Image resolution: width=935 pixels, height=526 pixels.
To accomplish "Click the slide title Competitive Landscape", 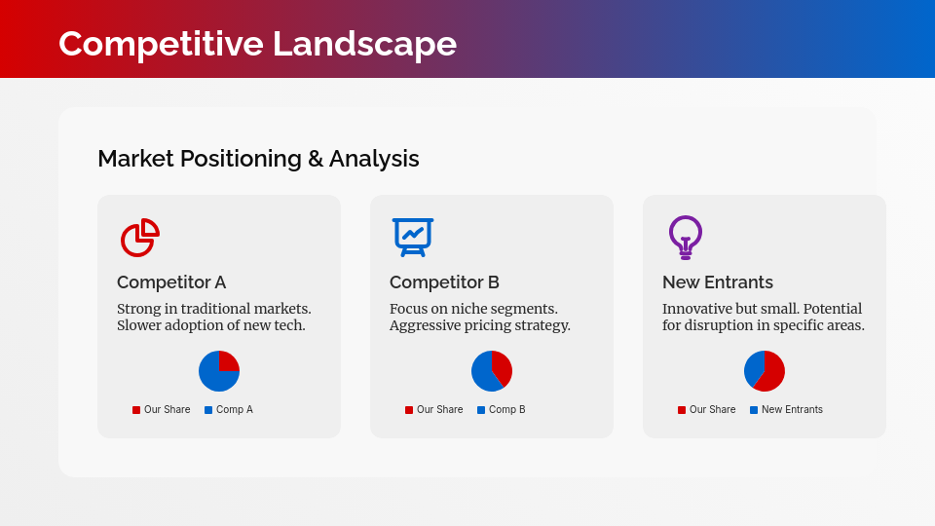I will (257, 44).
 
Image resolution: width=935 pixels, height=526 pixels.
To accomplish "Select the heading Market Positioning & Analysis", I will (258, 159).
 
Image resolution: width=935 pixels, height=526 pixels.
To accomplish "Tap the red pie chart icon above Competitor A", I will (139, 238).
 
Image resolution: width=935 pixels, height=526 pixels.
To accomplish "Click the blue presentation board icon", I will (412, 237).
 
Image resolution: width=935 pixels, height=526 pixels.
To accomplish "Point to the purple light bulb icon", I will (686, 237).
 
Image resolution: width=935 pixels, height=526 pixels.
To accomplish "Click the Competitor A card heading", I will (171, 282).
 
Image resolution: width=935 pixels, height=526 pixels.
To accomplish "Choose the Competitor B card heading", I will (444, 282).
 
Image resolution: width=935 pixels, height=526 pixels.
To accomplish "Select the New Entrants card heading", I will (718, 282).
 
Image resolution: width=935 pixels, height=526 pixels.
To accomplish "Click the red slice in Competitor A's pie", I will (228, 362).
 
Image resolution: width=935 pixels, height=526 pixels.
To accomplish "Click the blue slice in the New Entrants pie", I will (753, 366).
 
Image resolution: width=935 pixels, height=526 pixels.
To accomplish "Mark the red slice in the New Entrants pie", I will (770, 374).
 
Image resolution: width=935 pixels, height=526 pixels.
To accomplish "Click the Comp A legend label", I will (234, 410).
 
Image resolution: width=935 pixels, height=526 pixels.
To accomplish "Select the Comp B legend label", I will (506, 410).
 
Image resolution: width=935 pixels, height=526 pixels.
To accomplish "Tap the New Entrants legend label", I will (792, 410).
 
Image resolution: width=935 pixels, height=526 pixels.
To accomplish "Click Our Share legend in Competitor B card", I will (439, 410).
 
